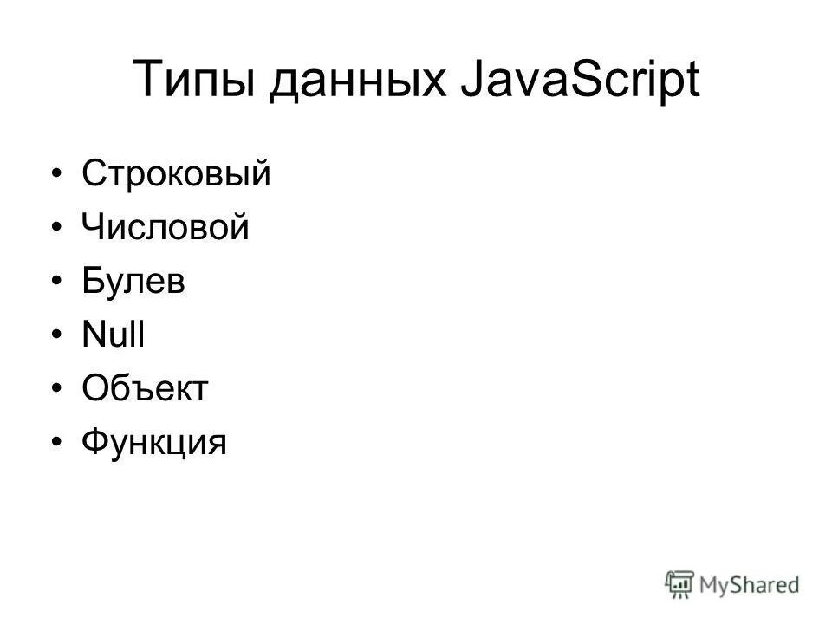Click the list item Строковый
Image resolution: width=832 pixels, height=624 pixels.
[x=177, y=174]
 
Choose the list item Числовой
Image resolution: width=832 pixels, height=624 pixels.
[x=166, y=228]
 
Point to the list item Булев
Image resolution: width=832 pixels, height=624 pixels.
[x=133, y=282]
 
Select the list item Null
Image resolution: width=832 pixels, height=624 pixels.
[x=114, y=335]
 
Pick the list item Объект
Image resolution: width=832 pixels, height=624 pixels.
[x=146, y=389]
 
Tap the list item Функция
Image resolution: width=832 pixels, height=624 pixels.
[x=154, y=444]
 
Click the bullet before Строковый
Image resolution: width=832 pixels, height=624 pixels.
[x=57, y=175]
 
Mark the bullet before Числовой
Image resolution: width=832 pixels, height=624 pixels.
[x=57, y=229]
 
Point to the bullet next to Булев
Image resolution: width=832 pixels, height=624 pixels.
[x=57, y=283]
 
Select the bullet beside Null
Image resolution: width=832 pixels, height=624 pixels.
[x=57, y=336]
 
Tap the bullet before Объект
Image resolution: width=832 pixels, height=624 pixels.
[x=57, y=390]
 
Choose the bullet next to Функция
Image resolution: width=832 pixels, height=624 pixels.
[x=57, y=444]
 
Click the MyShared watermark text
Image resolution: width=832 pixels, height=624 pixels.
[x=749, y=584]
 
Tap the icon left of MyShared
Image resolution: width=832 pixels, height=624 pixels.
[x=680, y=583]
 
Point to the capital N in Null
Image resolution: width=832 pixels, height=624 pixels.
[x=93, y=335]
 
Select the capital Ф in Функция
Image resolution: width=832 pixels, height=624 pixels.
[x=95, y=443]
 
